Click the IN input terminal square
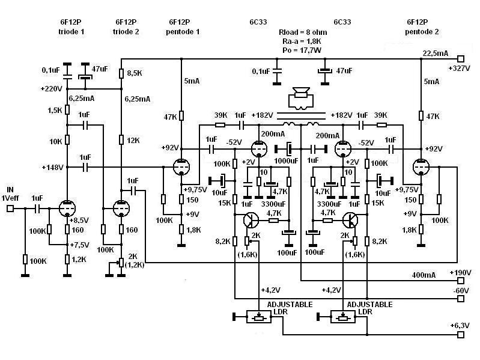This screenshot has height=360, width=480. coord(10,209)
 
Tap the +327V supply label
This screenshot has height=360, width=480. coord(458,69)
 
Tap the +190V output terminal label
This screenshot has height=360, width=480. coord(461,272)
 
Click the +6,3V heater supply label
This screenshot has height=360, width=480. coord(461,325)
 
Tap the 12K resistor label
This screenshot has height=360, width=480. coord(133,140)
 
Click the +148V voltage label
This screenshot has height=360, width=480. coord(52,167)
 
